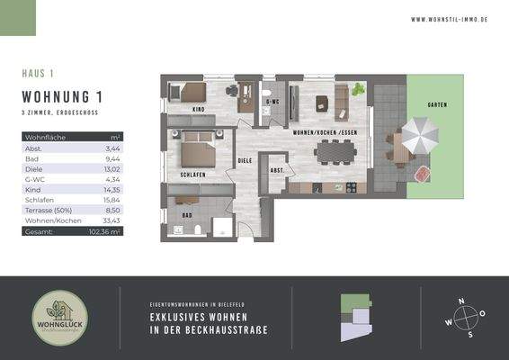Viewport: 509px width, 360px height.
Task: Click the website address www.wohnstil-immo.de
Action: click(449, 18)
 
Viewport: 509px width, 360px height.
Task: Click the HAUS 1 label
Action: click(39, 73)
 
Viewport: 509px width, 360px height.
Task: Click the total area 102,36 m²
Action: click(106, 231)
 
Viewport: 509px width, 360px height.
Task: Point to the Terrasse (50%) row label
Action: click(45, 211)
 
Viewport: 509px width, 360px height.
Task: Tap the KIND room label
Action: click(199, 109)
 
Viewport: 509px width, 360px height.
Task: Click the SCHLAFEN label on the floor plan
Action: click(193, 174)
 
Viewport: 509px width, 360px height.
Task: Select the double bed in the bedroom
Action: click(195, 147)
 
